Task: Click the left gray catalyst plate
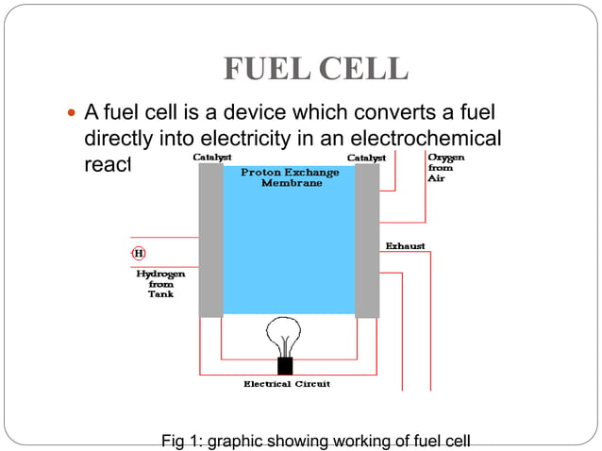[x=210, y=241]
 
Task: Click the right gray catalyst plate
[x=367, y=241]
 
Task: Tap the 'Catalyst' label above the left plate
[x=213, y=157]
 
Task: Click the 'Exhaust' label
[x=405, y=246]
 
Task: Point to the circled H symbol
[x=139, y=253]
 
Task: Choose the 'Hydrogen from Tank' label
[x=160, y=283]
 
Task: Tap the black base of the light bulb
[x=284, y=365]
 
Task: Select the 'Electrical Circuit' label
[x=287, y=384]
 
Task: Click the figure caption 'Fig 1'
[x=315, y=441]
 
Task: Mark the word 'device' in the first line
[x=252, y=114]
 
